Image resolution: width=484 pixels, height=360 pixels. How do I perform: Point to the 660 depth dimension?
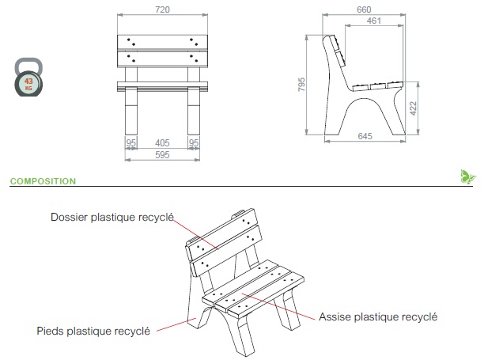point(363,9)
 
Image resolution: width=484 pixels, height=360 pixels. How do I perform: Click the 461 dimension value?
point(376,21)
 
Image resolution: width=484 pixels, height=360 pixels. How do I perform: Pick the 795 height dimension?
point(301,85)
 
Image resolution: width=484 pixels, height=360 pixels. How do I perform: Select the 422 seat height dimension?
point(413,105)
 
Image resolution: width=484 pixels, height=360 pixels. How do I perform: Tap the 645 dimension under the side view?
point(365,137)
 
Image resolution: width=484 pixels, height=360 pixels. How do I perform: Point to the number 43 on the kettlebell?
point(29,81)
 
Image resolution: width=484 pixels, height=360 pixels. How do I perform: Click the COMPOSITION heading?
point(43,181)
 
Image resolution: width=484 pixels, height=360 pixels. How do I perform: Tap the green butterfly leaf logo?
point(467,176)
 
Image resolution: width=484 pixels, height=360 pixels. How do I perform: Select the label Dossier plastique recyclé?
point(112,216)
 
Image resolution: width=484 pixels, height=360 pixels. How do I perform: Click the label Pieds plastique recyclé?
point(93,331)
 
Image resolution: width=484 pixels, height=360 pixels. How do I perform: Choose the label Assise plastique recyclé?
point(378,316)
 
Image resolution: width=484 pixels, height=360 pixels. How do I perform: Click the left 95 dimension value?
point(132,143)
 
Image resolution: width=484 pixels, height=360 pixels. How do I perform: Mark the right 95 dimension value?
point(193,143)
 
